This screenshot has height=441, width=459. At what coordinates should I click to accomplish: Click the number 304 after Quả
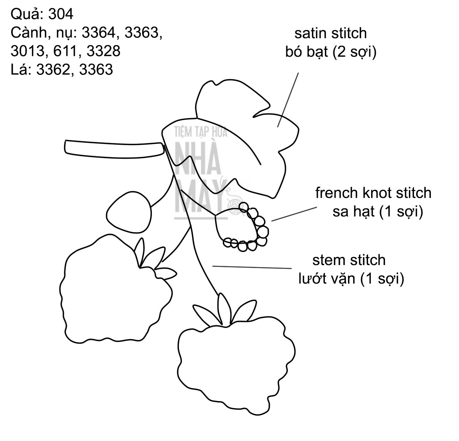[x=61, y=15]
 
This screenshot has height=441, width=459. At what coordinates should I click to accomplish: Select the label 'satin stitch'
[x=330, y=34]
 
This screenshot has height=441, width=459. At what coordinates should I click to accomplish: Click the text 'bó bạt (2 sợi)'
[x=331, y=52]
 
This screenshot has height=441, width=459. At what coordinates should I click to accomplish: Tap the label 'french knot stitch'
[x=373, y=193]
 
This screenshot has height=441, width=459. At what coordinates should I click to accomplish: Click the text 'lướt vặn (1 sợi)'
[x=351, y=279]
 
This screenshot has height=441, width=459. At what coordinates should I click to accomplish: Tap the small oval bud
[x=129, y=213]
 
